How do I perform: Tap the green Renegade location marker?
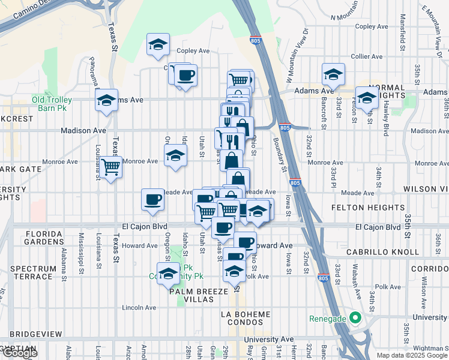coord(354,318)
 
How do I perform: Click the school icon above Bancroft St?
coord(333,75)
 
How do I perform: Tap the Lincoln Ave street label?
coord(139,307)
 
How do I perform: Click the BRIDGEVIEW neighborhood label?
coord(36,332)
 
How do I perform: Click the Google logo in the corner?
coord(20,353)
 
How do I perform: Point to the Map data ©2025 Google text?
coord(412,355)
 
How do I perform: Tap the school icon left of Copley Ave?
coord(158,45)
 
